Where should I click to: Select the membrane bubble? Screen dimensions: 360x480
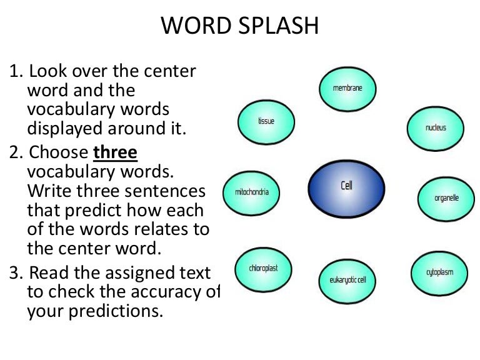[x=347, y=89]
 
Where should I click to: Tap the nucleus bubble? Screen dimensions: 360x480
[x=436, y=128]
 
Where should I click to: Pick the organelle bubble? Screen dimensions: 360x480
[x=446, y=199]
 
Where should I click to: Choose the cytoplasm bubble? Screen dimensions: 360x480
[x=440, y=272]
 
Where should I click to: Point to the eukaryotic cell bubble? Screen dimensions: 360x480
[x=347, y=279]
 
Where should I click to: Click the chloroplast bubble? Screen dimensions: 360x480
[x=264, y=269]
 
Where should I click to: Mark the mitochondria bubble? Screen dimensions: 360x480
[x=251, y=192]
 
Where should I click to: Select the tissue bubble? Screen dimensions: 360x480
[x=266, y=121]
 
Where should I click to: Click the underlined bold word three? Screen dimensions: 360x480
[x=115, y=152]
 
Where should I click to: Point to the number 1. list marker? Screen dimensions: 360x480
[x=16, y=71]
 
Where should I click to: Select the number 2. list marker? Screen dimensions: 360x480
[x=16, y=152]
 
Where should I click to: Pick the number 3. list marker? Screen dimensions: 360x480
[x=16, y=272]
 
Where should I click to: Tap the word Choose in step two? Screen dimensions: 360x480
[x=58, y=152]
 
